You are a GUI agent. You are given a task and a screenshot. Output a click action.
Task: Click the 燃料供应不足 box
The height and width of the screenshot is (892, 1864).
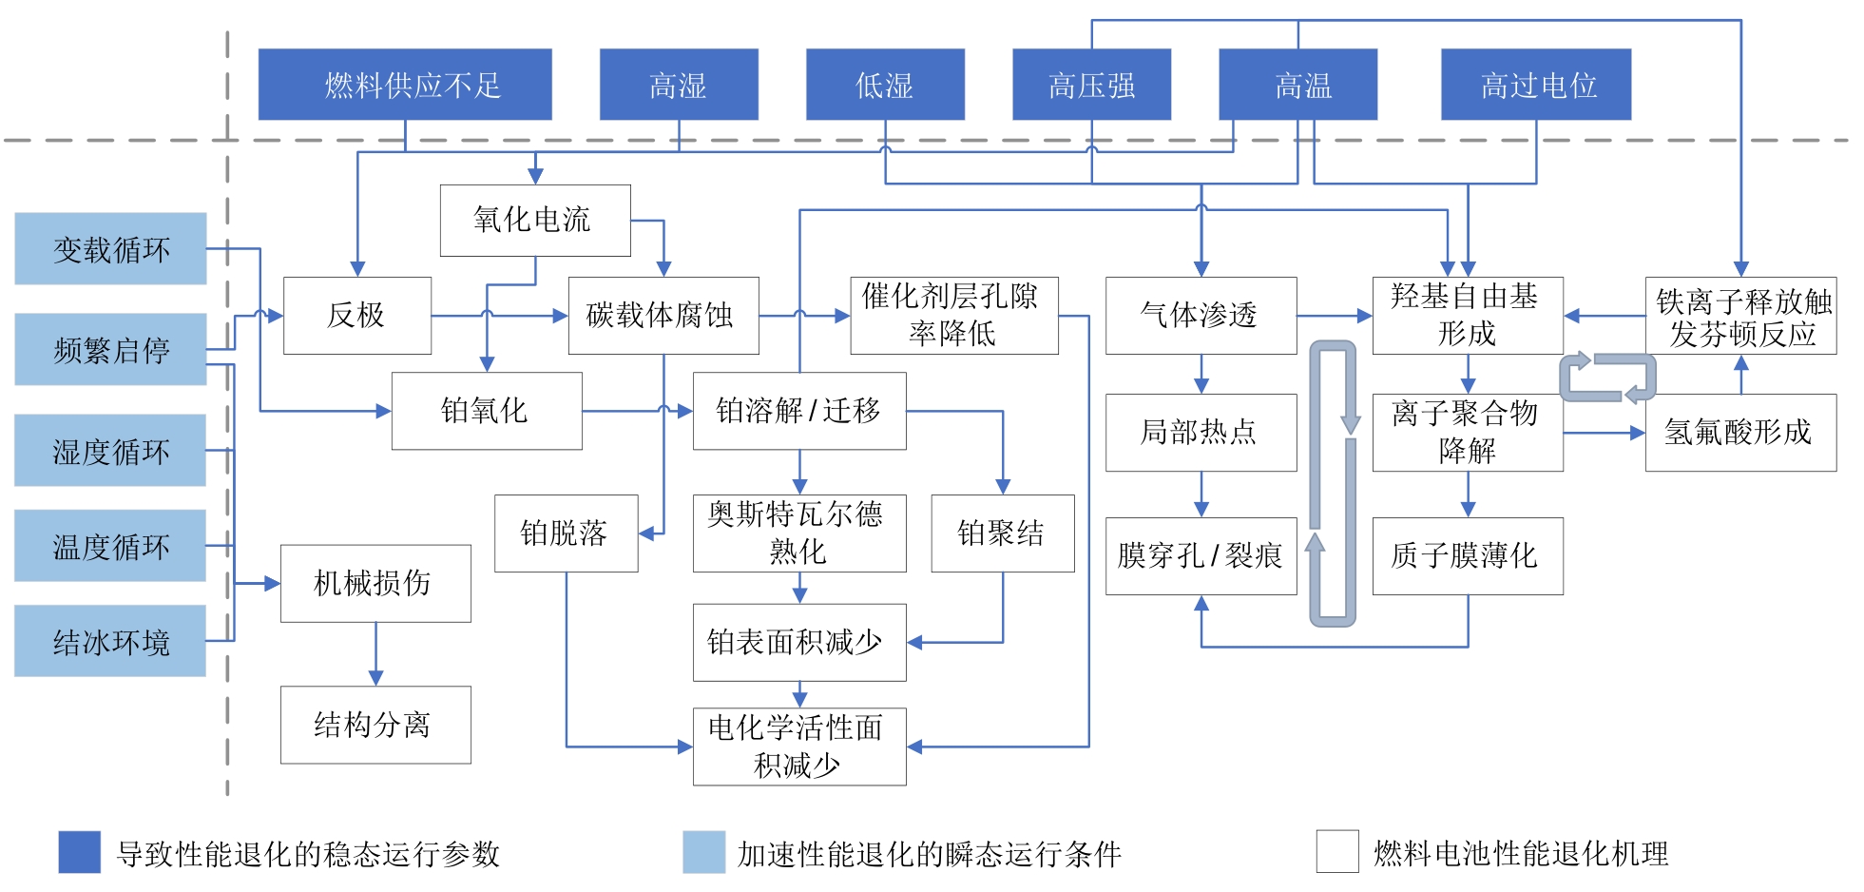tap(405, 85)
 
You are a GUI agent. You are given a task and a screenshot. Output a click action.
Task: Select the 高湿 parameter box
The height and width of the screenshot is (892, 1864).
tap(679, 85)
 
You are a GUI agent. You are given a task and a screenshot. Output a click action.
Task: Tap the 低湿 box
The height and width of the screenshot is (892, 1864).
tap(885, 85)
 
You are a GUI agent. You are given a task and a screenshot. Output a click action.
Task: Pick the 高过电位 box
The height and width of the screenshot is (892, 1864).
tap(1536, 85)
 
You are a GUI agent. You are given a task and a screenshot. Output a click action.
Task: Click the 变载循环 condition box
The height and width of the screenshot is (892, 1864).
tap(110, 249)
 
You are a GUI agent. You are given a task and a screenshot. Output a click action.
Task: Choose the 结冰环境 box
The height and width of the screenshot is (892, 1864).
tap(110, 641)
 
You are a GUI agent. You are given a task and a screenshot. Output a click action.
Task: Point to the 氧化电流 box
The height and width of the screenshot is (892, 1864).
tap(535, 221)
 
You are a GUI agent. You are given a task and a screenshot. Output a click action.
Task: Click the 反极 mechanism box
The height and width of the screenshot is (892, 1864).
tap(357, 316)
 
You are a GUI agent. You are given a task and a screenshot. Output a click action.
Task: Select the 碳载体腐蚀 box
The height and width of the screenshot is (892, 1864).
tap(663, 316)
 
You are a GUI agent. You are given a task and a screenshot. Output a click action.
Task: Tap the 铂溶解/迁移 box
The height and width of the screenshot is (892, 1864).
tap(799, 411)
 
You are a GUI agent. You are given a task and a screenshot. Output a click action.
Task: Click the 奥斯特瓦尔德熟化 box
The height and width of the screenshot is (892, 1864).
tap(799, 533)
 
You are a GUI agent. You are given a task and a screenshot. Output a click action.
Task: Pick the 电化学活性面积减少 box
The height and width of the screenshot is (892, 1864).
tap(799, 747)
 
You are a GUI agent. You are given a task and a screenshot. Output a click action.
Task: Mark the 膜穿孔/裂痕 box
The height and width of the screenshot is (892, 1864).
tap(1201, 556)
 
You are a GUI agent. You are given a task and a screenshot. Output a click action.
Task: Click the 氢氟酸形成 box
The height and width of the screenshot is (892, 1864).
tap(1740, 433)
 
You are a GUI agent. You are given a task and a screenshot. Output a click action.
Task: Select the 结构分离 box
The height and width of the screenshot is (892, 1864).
tap(375, 725)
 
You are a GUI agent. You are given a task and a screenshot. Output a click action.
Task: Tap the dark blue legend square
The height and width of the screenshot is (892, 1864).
tap(79, 852)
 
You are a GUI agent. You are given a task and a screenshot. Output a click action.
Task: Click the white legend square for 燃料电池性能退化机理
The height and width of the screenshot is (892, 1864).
tap(1337, 851)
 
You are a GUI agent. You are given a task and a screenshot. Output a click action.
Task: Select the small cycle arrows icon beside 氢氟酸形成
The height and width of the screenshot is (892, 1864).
tap(1607, 378)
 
